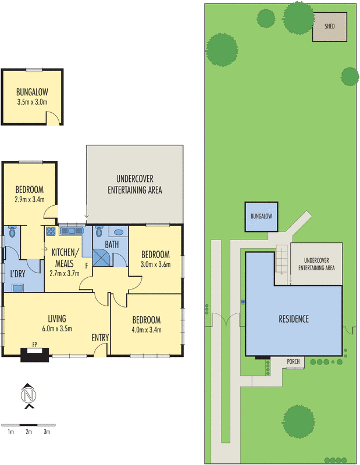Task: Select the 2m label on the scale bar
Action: pos(28,432)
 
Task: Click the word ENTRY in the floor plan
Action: pos(100,338)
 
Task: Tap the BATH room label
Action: pos(112,245)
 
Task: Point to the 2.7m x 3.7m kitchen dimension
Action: pos(65,273)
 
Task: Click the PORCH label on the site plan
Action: pos(294,362)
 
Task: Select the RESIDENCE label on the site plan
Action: pos(293,319)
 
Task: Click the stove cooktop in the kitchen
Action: pos(51,231)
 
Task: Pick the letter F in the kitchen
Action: pos(87,266)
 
